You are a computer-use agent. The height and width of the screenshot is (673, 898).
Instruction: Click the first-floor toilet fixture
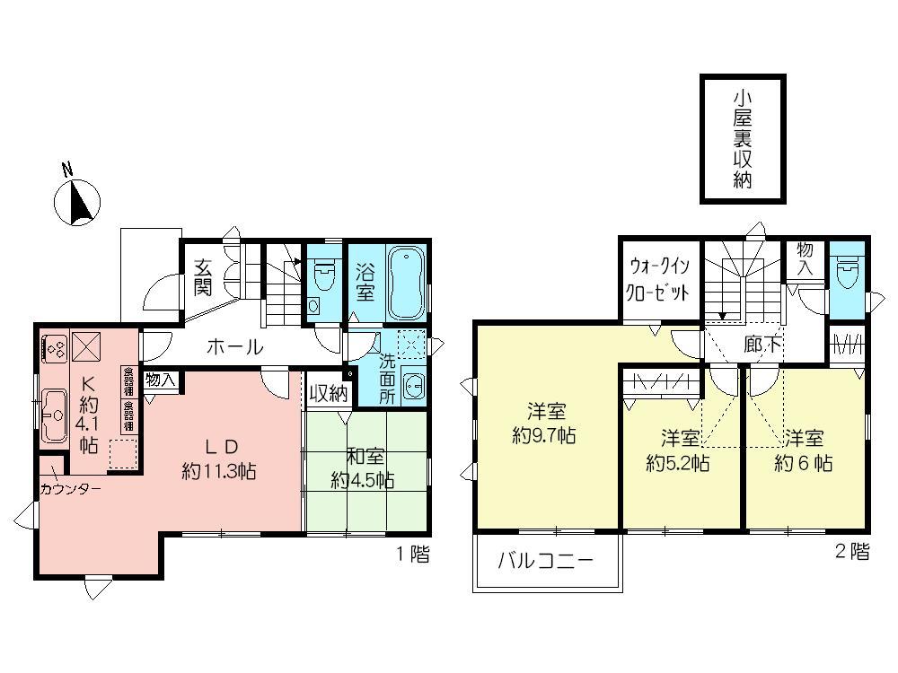323,273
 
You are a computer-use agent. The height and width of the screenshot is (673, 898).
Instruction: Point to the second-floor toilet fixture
847,270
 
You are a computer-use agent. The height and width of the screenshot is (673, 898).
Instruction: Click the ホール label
234,346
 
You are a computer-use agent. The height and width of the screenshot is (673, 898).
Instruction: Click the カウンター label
71,489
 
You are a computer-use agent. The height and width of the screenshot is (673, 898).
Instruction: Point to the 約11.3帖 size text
219,472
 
